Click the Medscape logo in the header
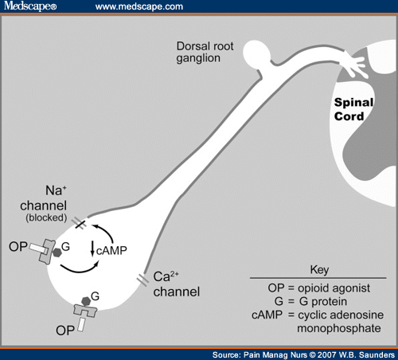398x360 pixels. [30, 6]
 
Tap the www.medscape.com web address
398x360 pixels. [139, 6]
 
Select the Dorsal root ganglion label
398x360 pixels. [205, 52]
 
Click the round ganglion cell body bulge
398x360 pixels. [256, 54]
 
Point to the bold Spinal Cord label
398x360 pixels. [353, 109]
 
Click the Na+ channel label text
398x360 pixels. [44, 198]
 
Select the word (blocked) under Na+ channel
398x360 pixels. [46, 217]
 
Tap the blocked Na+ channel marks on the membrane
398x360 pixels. [80, 222]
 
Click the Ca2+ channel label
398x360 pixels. [177, 284]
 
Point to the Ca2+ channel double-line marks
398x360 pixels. [142, 280]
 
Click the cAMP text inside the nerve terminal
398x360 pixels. [111, 251]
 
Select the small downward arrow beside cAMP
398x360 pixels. [92, 248]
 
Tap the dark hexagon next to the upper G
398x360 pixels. [57, 252]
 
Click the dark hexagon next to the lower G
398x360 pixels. [86, 301]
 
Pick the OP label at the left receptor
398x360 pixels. [18, 247]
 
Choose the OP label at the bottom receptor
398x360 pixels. [65, 331]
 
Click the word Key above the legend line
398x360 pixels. [319, 270]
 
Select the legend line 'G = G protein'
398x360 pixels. [310, 302]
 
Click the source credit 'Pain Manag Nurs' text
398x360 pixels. [275, 354]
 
